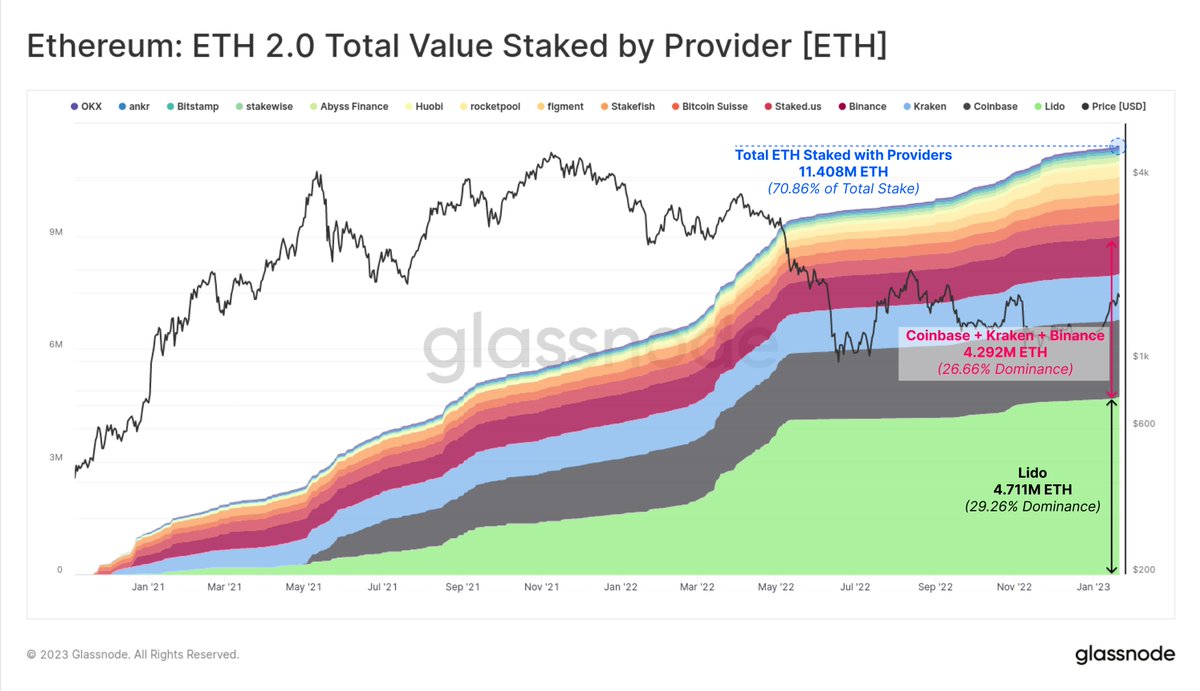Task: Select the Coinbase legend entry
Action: [991, 106]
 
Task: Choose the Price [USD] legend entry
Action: [1114, 106]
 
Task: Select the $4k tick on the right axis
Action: [1141, 173]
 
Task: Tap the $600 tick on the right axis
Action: [1144, 424]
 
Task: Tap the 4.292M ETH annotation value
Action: [1004, 353]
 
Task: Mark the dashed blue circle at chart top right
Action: [1118, 147]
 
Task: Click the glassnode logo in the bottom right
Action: [1125, 656]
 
